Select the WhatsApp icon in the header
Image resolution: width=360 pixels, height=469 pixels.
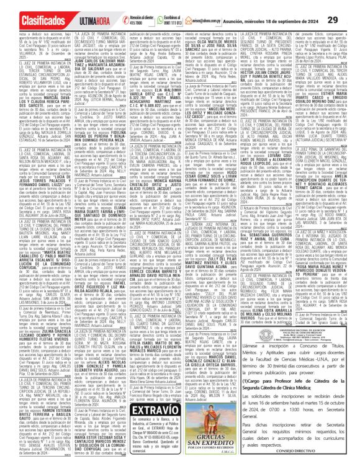coord(161,21)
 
